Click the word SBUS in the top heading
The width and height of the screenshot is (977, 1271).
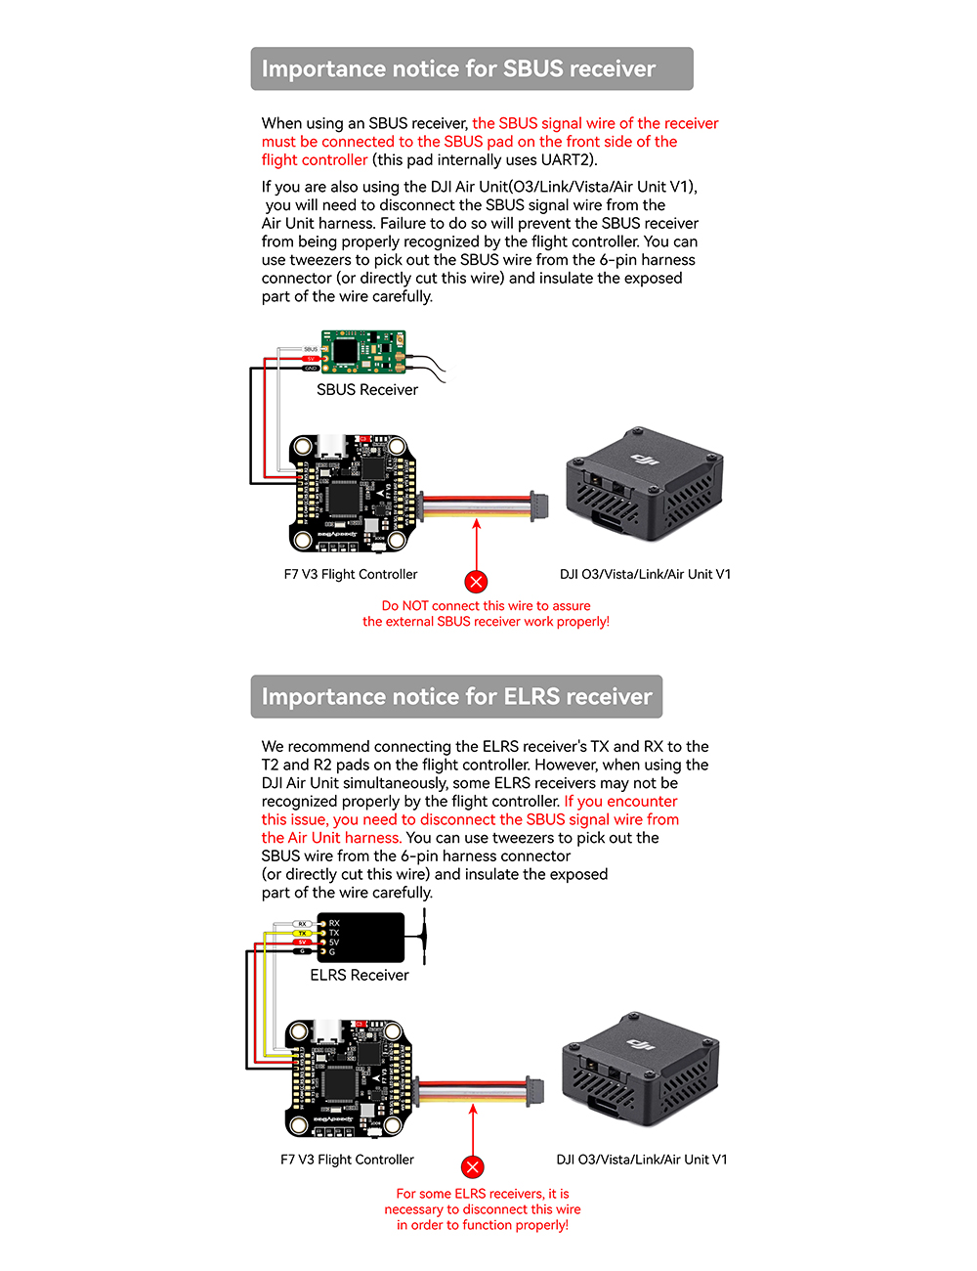click(533, 69)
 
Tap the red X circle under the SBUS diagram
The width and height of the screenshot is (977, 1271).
click(476, 583)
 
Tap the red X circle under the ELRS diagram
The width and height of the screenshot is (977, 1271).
click(473, 1167)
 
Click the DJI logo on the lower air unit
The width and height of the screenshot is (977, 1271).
click(639, 1045)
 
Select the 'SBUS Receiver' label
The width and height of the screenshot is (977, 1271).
click(367, 390)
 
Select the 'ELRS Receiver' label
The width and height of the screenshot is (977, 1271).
click(360, 976)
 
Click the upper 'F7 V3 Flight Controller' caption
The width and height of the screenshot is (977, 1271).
click(351, 575)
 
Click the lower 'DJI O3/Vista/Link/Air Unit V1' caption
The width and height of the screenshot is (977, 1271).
click(642, 1161)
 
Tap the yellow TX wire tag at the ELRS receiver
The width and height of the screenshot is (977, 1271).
click(302, 933)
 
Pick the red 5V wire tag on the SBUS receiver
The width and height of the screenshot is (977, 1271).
click(311, 359)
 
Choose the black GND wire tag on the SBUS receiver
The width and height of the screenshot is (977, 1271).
click(311, 369)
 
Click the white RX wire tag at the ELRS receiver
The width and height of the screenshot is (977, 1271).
click(302, 924)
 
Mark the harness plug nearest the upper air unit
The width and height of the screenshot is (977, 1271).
click(538, 504)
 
